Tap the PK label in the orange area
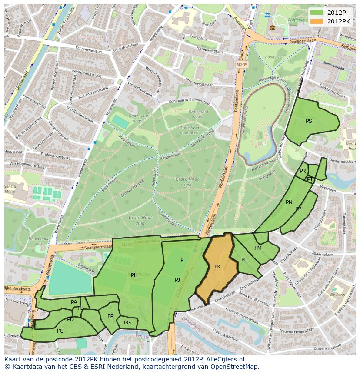[x=217, y=266]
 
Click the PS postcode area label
[x=309, y=121]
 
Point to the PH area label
[x=134, y=275]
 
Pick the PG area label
[x=127, y=323]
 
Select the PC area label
[x=60, y=331]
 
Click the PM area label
[x=258, y=248]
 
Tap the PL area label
[x=244, y=260]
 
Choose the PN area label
[x=289, y=202]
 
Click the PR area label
[x=303, y=171]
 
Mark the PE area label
[x=110, y=317]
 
